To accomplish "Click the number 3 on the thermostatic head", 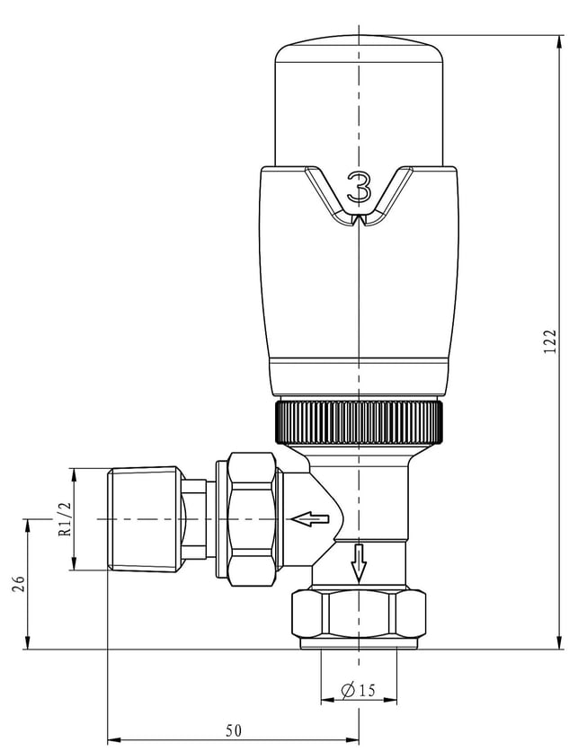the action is pos(359,189).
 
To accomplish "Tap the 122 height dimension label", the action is pos(551,341).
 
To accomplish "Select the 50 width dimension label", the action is pos(234,730).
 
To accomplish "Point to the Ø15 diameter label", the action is pos(359,690).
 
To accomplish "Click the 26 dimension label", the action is pos(18,583).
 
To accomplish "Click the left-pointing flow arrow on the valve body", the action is pos(310,519).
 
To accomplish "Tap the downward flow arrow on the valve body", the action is pos(358,562).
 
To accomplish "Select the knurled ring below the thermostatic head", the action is pos(360,422).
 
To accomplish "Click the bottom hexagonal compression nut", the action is pos(359,614).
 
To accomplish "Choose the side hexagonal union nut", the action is pos(253,519).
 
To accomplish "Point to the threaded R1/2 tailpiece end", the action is pos(144,519).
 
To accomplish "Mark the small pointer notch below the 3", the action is pos(359,220).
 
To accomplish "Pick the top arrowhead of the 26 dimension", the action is pos(28,526).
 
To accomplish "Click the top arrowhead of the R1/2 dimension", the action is pos(74,475).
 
